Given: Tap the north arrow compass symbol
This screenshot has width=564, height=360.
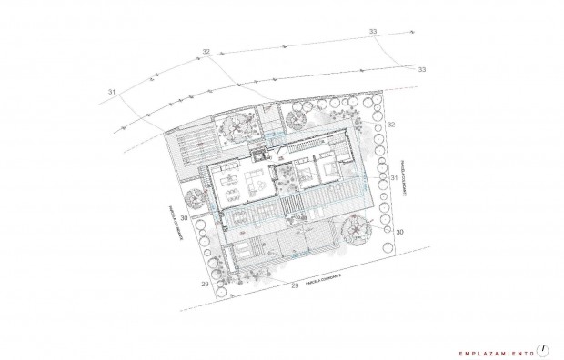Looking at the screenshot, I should [x=543, y=347].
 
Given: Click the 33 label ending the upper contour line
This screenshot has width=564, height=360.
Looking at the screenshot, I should [x=374, y=32].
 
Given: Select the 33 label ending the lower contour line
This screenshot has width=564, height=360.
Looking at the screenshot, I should [x=421, y=69].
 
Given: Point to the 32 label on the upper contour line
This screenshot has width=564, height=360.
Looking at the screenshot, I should [x=206, y=52].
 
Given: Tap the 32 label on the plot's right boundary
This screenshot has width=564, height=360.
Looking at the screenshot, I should [x=392, y=124].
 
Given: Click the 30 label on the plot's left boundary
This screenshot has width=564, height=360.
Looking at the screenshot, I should [x=185, y=219].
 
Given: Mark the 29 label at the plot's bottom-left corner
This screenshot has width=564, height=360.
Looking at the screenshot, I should [x=204, y=285].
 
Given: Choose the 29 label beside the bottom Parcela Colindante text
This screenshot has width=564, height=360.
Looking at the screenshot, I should [x=294, y=286].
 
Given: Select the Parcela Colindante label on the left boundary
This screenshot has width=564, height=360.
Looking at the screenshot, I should [x=173, y=222].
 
